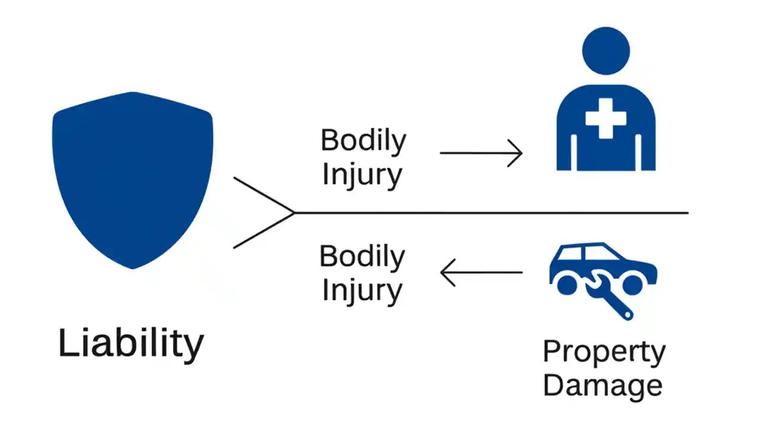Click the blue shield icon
tap(132, 177)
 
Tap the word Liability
tap(131, 343)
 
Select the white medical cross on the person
tap(605, 118)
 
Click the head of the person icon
tap(606, 51)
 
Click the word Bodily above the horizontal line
tap(363, 141)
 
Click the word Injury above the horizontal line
tap(362, 175)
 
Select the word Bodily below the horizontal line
tap(362, 257)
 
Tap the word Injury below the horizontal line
tap(362, 291)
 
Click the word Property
tap(603, 352)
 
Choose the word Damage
tap(602, 385)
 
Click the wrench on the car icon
tap(607, 298)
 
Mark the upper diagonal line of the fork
tap(264, 194)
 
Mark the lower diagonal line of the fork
tap(264, 230)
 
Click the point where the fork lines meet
tap(294, 212)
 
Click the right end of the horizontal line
tap(687, 212)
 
